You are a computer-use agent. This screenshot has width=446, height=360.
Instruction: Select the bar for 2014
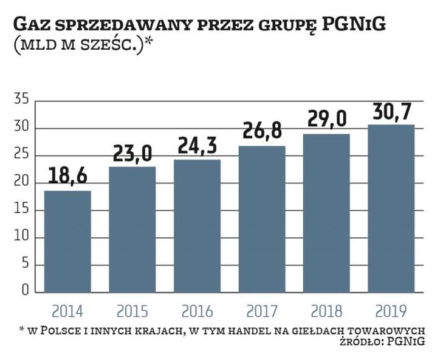click(67, 242)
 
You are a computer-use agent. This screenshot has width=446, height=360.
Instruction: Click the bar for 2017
click(262, 219)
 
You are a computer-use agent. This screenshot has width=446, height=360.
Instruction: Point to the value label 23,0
click(132, 154)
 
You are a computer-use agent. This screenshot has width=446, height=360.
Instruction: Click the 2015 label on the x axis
click(132, 311)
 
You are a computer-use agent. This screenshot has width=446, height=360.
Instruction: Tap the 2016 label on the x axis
click(197, 311)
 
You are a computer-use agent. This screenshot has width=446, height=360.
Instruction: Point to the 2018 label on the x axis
click(327, 311)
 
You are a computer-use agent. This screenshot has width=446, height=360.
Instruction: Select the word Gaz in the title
click(33, 25)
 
